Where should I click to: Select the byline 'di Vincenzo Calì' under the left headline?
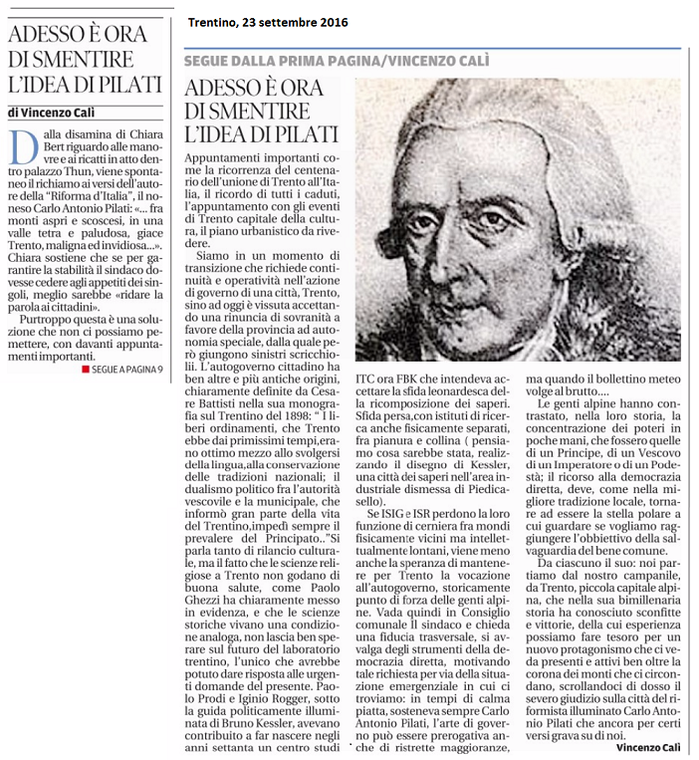(x=60, y=113)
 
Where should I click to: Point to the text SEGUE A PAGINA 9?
(x=128, y=370)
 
